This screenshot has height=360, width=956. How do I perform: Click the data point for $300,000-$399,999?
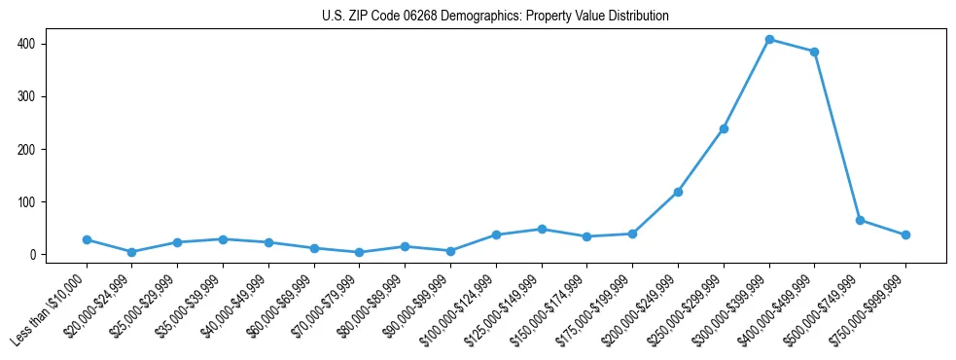point(769,40)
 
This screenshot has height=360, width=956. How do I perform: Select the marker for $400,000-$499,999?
point(815,52)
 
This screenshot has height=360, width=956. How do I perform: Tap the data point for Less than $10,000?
point(87,239)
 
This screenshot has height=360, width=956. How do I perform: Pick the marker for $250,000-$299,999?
point(724,128)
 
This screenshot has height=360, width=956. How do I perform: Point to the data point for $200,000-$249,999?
point(678,192)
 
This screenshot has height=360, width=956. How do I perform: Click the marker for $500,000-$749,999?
point(860,220)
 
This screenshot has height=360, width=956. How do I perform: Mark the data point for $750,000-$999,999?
point(905,234)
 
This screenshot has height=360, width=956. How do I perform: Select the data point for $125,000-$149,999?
point(542,229)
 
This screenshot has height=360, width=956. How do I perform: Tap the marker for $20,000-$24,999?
point(131,252)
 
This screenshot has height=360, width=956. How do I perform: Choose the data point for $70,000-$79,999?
point(359,252)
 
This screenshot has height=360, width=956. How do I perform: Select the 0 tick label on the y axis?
point(32,255)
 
